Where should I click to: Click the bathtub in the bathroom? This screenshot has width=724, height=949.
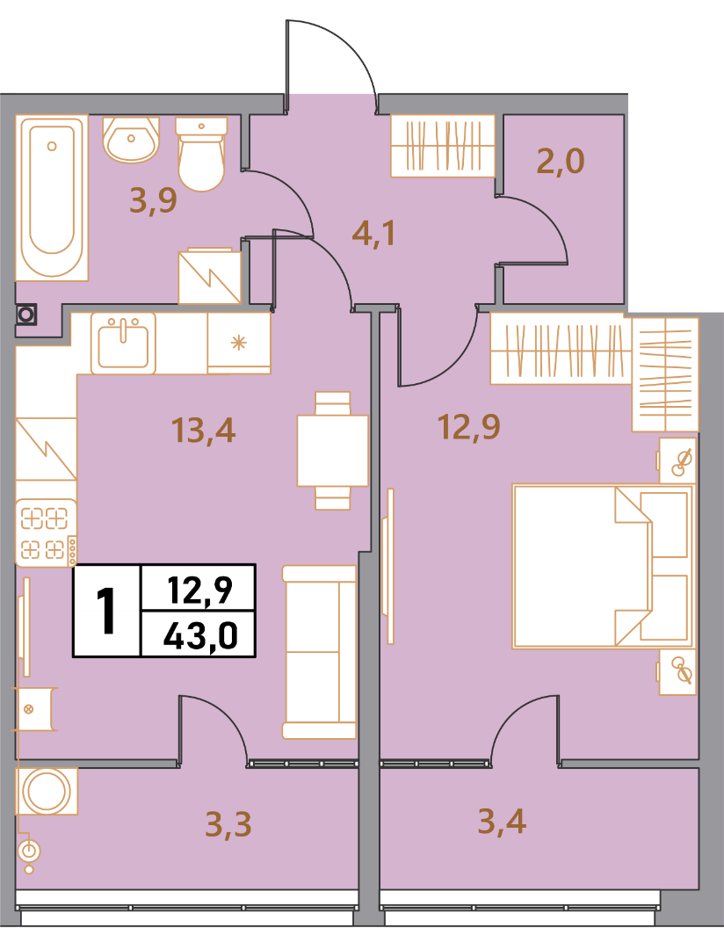pos(52,198)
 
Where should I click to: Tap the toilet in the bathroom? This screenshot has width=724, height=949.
pos(201,154)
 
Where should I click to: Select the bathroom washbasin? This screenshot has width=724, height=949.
pos(131,139)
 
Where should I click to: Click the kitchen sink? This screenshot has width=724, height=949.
pos(123,344)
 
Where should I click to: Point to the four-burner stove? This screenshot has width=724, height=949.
pos(46,532)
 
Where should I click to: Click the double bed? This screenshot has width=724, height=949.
pos(603,566)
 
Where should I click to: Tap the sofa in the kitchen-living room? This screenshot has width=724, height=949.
pos(320,652)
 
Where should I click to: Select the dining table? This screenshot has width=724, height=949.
pos(332,451)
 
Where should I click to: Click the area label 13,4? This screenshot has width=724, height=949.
pos(203,431)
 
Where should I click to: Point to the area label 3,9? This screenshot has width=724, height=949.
pos(153,200)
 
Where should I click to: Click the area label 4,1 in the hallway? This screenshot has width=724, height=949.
pos(373,233)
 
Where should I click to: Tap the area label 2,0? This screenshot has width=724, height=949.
pos(561,161)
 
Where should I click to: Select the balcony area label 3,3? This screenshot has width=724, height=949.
pos(228,823)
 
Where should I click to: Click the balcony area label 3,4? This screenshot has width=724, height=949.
pos(502,822)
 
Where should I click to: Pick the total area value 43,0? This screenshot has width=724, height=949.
pos(200,635)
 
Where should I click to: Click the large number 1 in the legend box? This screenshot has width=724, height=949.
pos(107,612)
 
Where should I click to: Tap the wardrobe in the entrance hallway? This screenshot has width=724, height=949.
pos(443,145)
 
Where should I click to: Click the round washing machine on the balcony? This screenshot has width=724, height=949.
pos(47,791)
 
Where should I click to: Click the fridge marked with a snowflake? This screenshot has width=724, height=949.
pos(238,344)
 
